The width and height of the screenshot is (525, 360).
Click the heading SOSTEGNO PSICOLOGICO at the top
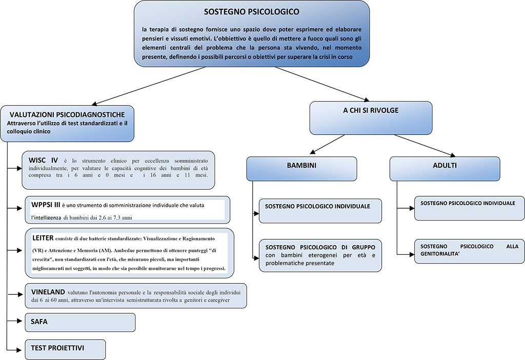tap(251, 11)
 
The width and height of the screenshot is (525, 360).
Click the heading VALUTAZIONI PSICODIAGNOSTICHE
tap(67, 114)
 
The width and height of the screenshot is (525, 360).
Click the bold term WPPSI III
tap(46, 205)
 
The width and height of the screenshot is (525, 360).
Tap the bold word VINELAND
tap(48, 292)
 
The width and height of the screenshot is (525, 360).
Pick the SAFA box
tap(80, 322)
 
